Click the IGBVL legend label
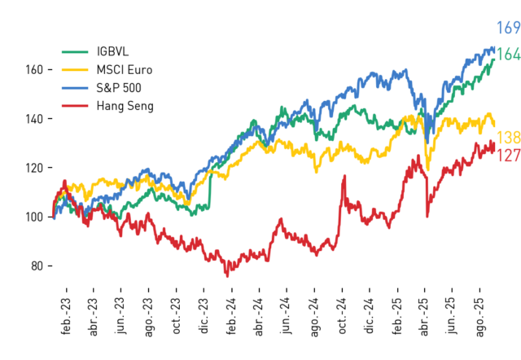click(x=112, y=51)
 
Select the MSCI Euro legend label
click(x=125, y=70)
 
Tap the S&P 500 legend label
click(x=119, y=88)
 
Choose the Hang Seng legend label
click(x=125, y=106)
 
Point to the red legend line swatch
click(x=75, y=106)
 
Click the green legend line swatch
click(x=75, y=51)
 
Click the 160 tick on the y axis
click(x=34, y=70)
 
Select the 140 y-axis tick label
click(x=34, y=119)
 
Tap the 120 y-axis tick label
click(x=34, y=168)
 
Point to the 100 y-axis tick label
click(x=34, y=217)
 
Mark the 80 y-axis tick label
click(x=37, y=266)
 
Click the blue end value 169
click(x=508, y=28)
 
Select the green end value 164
click(x=508, y=55)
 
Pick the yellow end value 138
click(x=508, y=138)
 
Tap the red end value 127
click(x=508, y=156)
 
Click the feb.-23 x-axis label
click(x=66, y=316)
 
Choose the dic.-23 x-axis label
click(x=204, y=316)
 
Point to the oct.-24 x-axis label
click(x=342, y=316)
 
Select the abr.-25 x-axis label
click(x=425, y=317)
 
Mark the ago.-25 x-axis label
click(x=479, y=317)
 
